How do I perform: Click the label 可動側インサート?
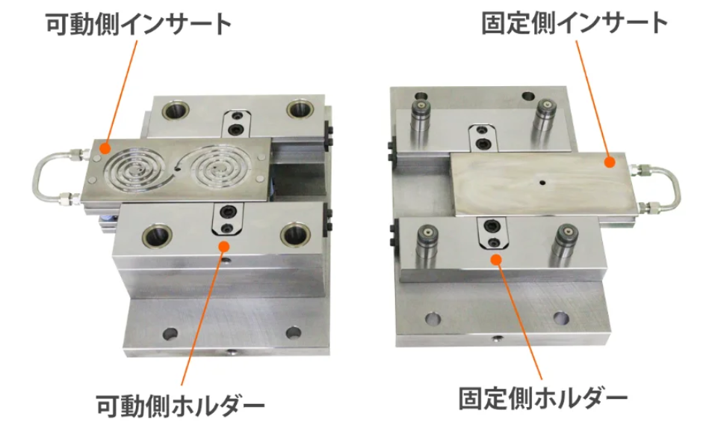139,24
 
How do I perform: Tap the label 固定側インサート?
575,23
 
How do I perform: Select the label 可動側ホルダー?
180,405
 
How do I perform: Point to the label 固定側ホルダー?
543,398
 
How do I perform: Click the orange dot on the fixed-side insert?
609,162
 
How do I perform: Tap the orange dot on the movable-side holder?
223,246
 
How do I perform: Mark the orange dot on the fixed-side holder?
496,260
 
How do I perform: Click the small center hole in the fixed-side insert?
542,183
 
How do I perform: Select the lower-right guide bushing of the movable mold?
295,235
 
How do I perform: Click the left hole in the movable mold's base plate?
170,334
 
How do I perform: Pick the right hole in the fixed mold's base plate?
561,318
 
